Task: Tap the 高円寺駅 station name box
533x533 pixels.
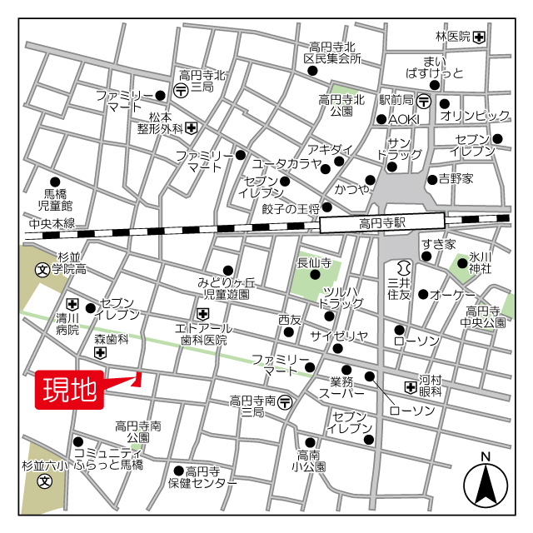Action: click(x=381, y=223)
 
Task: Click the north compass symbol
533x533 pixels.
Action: click(x=486, y=484)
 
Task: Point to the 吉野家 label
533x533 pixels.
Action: click(x=456, y=179)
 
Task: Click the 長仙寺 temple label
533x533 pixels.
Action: click(x=315, y=263)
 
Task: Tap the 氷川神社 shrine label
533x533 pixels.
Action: click(x=480, y=262)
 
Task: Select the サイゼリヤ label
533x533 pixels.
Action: click(x=338, y=336)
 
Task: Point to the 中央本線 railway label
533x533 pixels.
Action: click(x=52, y=223)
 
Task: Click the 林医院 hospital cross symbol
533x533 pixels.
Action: click(x=480, y=37)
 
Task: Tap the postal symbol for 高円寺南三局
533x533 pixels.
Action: click(x=286, y=401)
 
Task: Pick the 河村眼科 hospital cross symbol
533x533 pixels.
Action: click(x=410, y=386)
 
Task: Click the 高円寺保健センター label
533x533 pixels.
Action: click(x=202, y=476)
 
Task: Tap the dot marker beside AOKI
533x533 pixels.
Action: click(x=381, y=119)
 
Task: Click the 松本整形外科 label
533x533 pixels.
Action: click(x=161, y=123)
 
